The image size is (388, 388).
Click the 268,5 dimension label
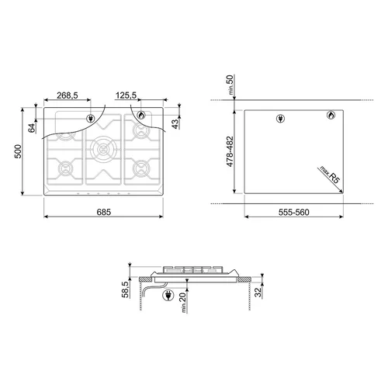tap(68, 95)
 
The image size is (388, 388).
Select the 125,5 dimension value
tap(126, 95)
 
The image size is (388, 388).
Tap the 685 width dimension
tap(104, 212)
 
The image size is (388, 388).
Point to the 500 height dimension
tap(18, 151)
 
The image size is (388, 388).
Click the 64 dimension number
tap(32, 128)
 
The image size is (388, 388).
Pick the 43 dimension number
tap(175, 124)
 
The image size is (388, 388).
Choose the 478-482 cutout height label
tap(230, 151)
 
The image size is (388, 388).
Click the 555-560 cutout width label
tap(294, 213)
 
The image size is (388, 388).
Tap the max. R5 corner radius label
tap(329, 175)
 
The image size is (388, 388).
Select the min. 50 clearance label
tap(230, 85)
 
